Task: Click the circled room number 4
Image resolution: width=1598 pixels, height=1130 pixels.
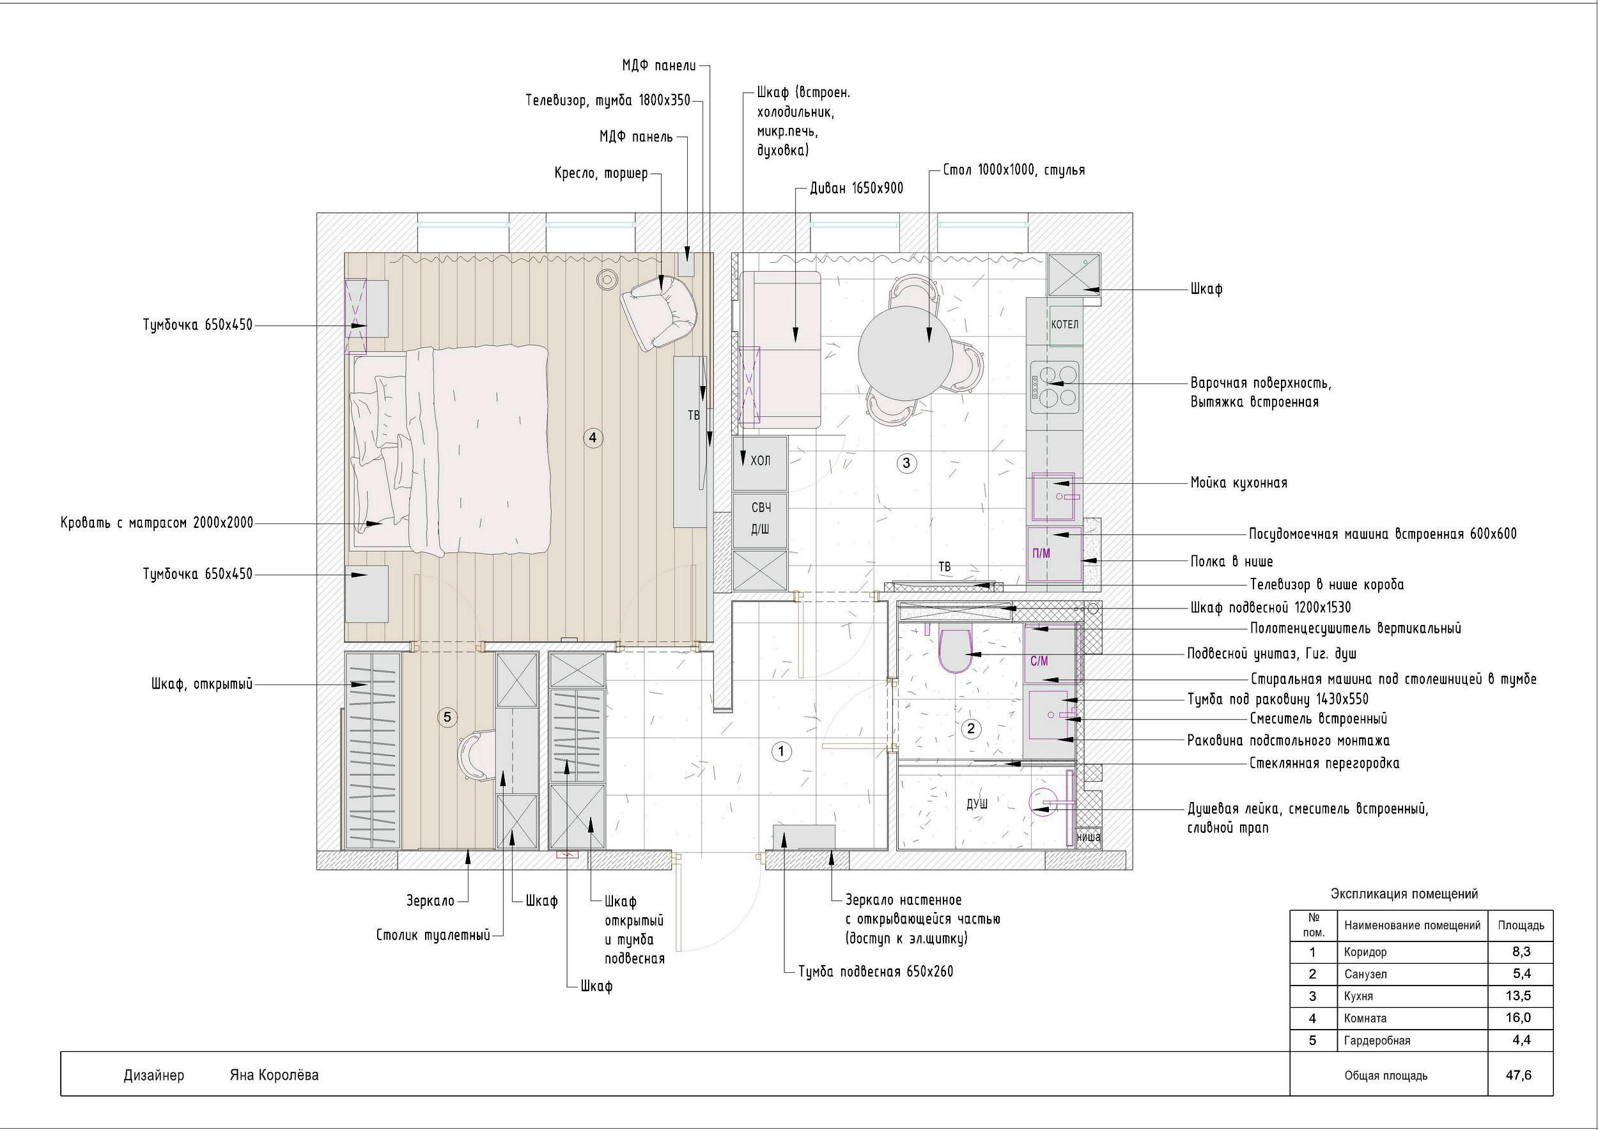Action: pyautogui.click(x=593, y=438)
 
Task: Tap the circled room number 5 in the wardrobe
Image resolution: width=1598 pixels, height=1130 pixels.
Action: pyautogui.click(x=447, y=717)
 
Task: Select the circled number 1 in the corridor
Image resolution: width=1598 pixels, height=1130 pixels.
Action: pyautogui.click(x=782, y=752)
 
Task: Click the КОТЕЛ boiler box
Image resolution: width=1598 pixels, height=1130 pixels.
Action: pyautogui.click(x=1065, y=325)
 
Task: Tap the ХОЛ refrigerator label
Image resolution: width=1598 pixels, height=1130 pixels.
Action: pyautogui.click(x=760, y=461)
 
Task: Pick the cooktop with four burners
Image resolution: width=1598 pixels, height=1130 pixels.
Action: pyautogui.click(x=1055, y=384)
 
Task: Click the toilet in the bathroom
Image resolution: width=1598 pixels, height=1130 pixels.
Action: pyautogui.click(x=955, y=650)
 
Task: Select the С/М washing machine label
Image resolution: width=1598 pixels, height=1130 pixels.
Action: pyautogui.click(x=1039, y=661)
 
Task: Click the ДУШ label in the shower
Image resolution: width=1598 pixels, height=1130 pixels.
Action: pyautogui.click(x=977, y=803)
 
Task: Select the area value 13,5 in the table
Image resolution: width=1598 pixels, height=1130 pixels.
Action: pyautogui.click(x=1518, y=996)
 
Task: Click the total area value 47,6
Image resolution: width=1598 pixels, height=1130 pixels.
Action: pyautogui.click(x=1519, y=1075)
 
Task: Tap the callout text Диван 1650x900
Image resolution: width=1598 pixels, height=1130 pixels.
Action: pyautogui.click(x=857, y=188)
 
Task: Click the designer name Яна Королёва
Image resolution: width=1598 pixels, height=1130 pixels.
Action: pyautogui.click(x=274, y=1075)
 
